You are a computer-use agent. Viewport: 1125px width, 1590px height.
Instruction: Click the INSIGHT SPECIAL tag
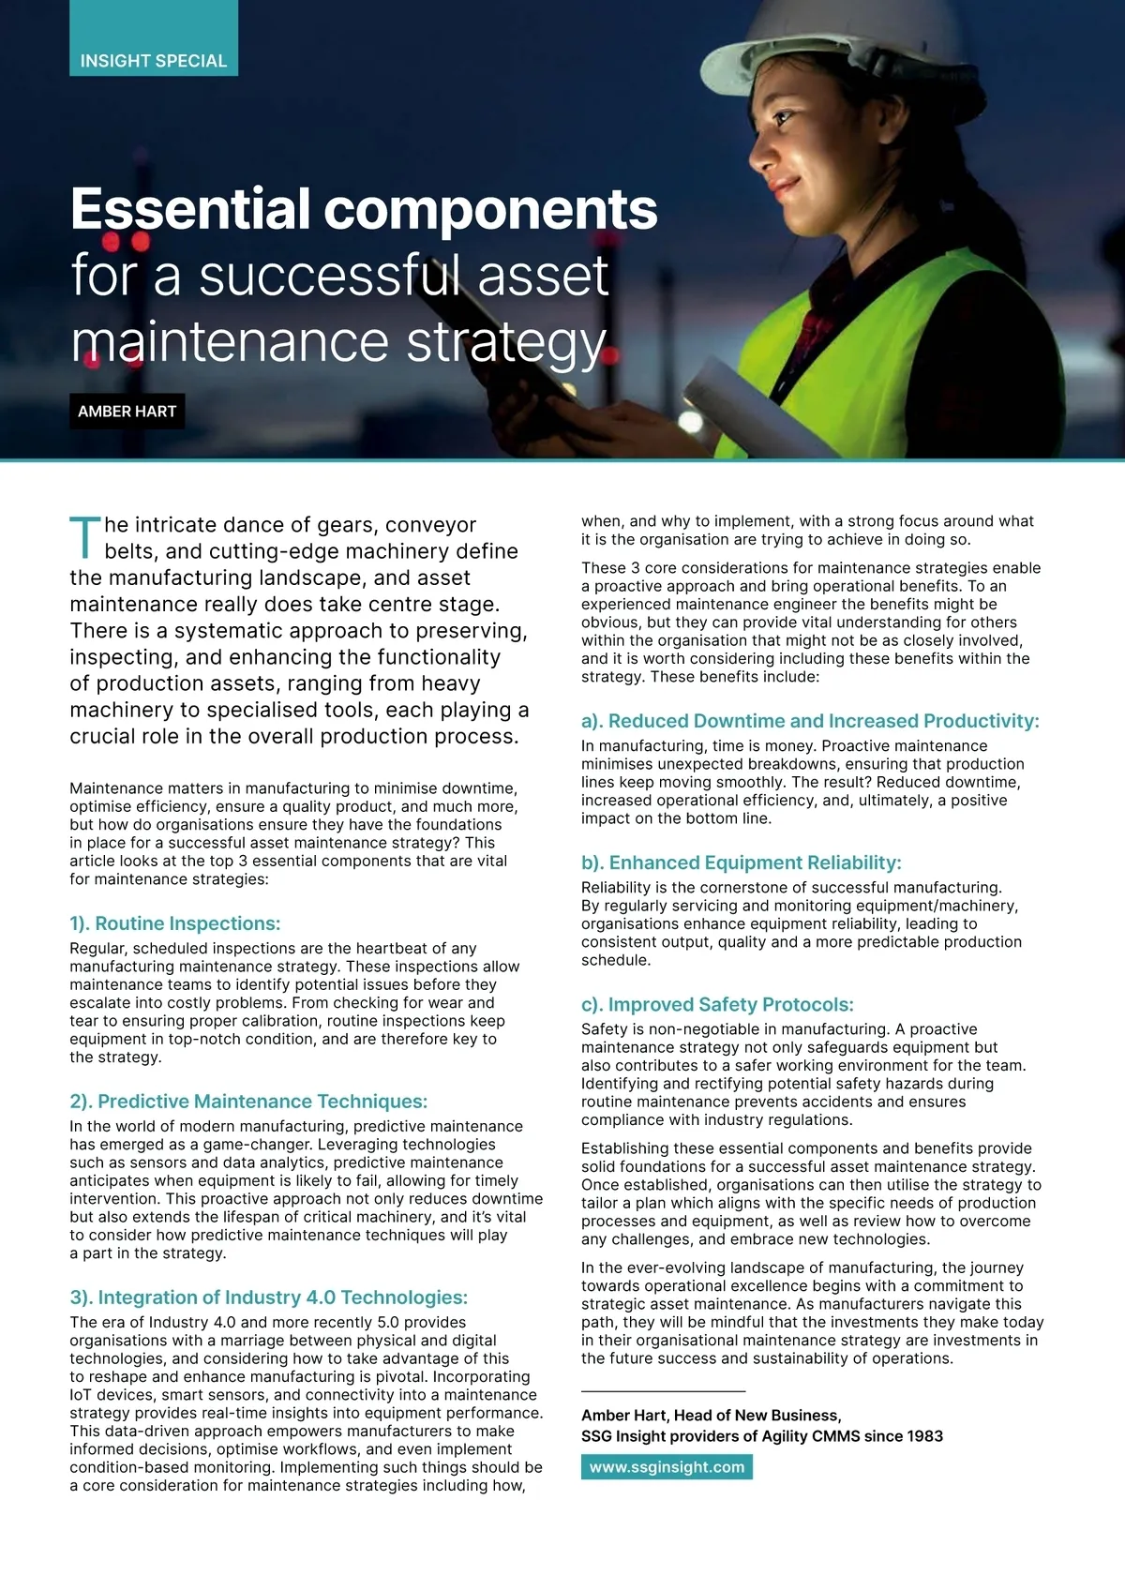tap(154, 61)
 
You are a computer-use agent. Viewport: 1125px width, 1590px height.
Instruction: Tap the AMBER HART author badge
tap(127, 412)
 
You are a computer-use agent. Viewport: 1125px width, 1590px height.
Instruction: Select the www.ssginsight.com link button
tap(667, 1467)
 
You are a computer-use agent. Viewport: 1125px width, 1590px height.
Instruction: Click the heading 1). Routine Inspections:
tap(175, 923)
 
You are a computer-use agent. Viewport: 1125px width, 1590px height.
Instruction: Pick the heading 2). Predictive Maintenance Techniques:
tap(248, 1102)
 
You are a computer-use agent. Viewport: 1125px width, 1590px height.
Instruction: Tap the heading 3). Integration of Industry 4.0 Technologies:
tap(268, 1297)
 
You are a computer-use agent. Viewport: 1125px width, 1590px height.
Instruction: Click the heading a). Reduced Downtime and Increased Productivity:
tap(810, 721)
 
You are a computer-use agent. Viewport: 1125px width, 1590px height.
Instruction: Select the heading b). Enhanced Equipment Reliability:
tap(741, 862)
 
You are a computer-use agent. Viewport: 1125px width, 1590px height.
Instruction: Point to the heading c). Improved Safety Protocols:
tap(717, 1005)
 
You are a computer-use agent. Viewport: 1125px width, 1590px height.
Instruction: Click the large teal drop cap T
tap(84, 537)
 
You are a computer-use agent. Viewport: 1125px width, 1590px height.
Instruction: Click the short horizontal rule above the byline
tap(663, 1391)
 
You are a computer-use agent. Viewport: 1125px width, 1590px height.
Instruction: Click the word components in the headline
tap(490, 209)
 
